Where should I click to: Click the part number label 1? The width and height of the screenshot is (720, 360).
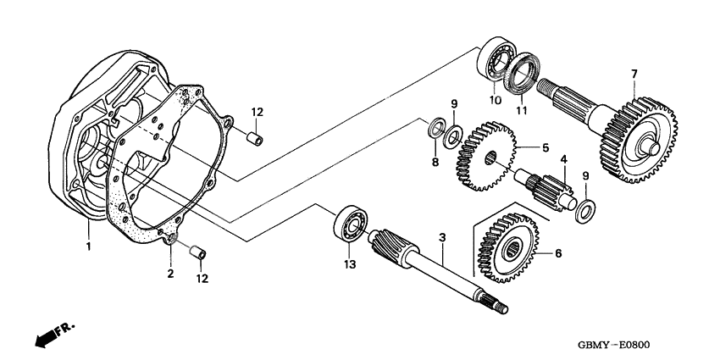[x=87, y=246]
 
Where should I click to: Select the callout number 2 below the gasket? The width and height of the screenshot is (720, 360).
[x=170, y=273]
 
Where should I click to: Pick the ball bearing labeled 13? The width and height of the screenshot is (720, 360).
[x=350, y=223]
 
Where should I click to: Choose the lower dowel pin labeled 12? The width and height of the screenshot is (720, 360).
[x=198, y=252]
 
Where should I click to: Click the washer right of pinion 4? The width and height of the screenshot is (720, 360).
[x=584, y=208]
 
